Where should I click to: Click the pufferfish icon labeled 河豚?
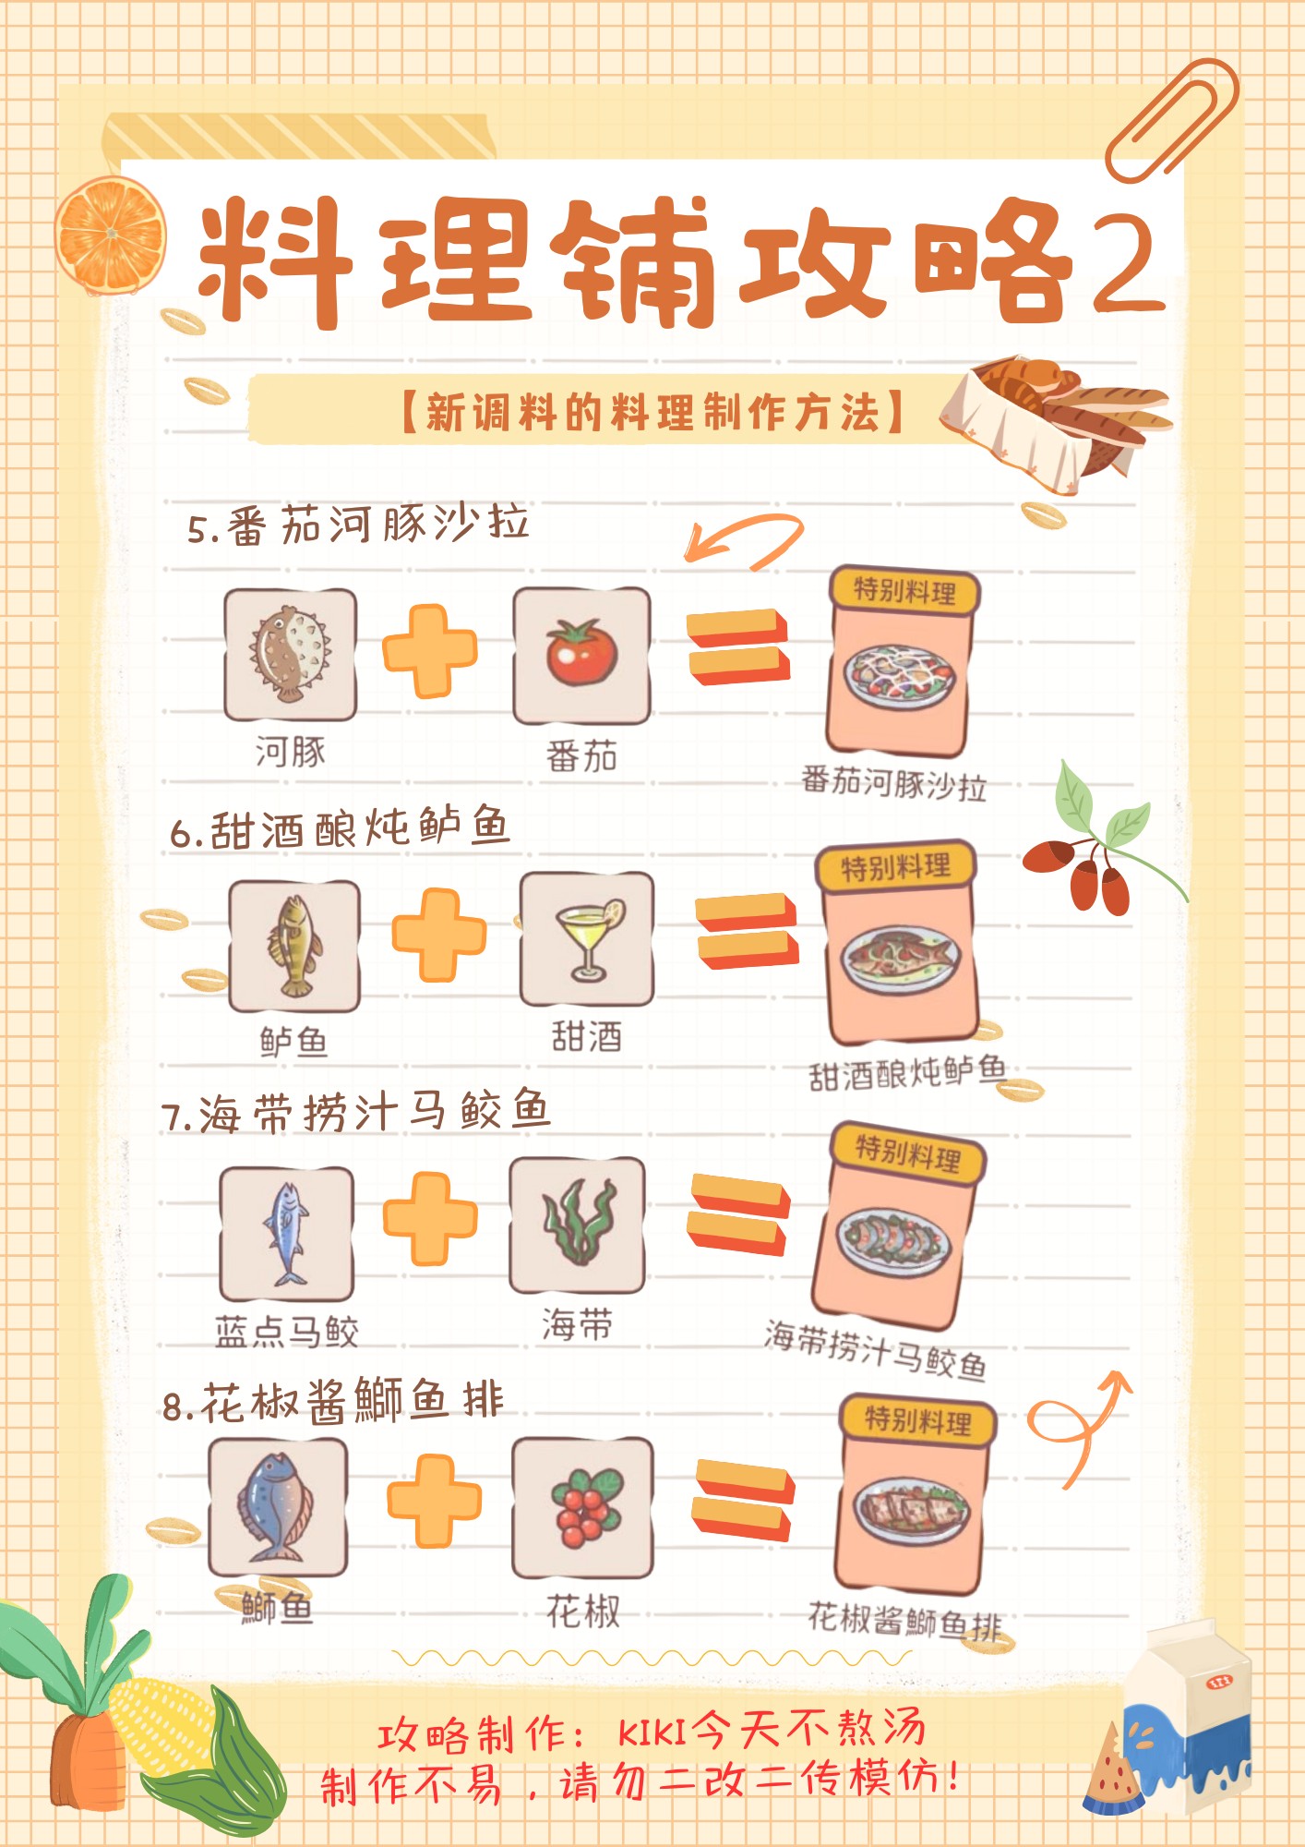pyautogui.click(x=290, y=654)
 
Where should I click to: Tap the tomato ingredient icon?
pyautogui.click(x=581, y=654)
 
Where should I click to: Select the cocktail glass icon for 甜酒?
pyautogui.click(x=587, y=939)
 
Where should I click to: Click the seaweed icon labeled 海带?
pyautogui.click(x=578, y=1225)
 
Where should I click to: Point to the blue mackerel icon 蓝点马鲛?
pyautogui.click(x=287, y=1233)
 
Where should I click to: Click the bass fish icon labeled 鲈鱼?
pyautogui.click(x=293, y=946)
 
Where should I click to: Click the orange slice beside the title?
pyautogui.click(x=111, y=236)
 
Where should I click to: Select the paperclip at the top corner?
pyautogui.click(x=1172, y=120)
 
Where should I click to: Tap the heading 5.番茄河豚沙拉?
pyautogui.click(x=358, y=525)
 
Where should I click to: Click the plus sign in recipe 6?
pyautogui.click(x=439, y=935)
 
